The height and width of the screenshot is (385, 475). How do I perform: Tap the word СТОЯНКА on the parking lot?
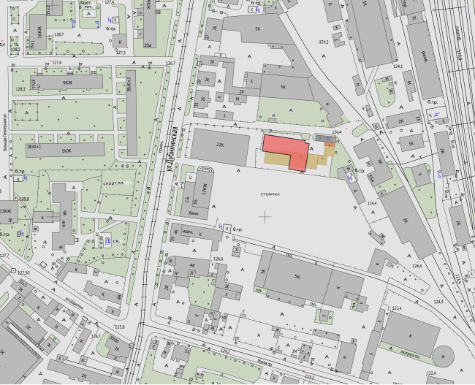(271, 195)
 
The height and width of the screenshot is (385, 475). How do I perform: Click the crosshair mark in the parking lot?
(266, 216)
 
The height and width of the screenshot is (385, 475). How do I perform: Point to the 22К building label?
(219, 145)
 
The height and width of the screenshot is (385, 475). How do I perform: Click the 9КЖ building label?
(67, 83)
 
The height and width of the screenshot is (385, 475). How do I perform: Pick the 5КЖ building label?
(66, 151)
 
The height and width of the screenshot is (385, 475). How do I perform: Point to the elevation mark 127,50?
(26, 272)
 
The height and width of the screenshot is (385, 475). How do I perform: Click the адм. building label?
(186, 229)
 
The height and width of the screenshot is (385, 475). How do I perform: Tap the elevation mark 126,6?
(217, 259)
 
